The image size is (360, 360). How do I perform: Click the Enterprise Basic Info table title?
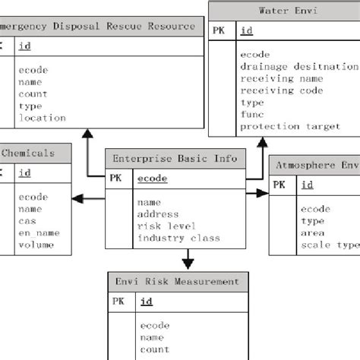[x=175, y=159]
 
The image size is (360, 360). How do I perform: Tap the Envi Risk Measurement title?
[x=176, y=281]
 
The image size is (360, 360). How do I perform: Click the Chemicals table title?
[x=28, y=153]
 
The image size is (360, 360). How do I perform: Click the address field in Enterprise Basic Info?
[x=158, y=215]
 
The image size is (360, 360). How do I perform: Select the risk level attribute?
[x=166, y=226]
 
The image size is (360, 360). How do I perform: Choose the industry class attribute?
[x=178, y=238]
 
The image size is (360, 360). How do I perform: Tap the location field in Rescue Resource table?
[x=43, y=118]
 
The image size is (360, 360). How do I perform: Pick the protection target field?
[x=290, y=126]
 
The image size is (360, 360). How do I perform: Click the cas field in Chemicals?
[x=27, y=220]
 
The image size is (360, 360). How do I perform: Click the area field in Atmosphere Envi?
[x=313, y=233]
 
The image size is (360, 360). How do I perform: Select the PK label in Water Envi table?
[x=219, y=31]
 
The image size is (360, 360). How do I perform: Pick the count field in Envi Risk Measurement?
[x=154, y=349]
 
